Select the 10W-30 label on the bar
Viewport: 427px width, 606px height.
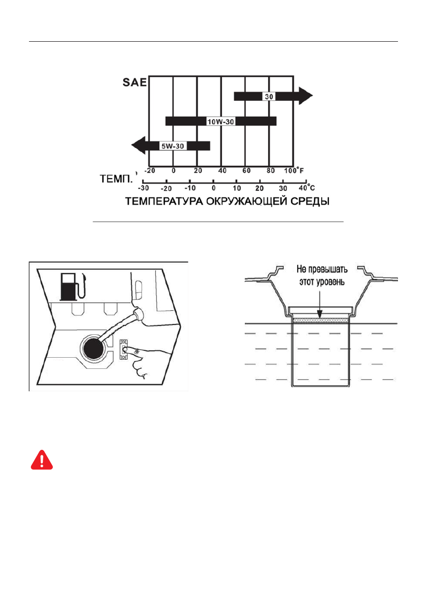pyautogui.click(x=220, y=121)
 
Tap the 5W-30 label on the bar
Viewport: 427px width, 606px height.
pyautogui.click(x=172, y=146)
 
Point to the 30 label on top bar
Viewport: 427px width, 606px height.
pyautogui.click(x=269, y=96)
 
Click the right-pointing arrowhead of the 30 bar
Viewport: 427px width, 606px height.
pyautogui.click(x=305, y=96)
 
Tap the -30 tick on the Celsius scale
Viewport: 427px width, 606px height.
pyautogui.click(x=143, y=187)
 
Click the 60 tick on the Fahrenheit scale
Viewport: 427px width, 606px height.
pyautogui.click(x=246, y=171)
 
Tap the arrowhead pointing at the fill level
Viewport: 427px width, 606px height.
pyautogui.click(x=319, y=316)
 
